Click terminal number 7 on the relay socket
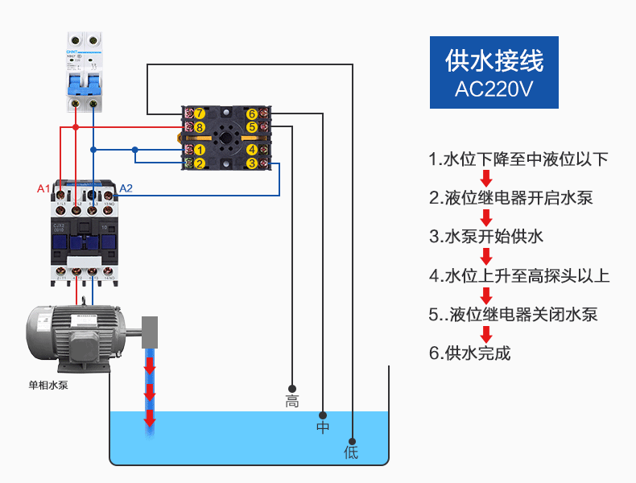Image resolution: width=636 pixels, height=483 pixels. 200,114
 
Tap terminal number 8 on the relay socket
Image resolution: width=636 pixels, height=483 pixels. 200,127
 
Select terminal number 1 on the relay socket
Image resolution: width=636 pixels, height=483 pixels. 200,150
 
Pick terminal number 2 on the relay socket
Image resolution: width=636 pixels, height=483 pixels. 200,163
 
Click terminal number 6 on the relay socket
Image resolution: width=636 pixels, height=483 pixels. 252,114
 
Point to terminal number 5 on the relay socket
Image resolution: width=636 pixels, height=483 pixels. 252,127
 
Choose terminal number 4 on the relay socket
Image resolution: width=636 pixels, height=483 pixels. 252,150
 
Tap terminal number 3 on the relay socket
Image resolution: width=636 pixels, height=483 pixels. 252,163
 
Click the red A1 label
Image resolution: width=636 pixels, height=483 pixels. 43,189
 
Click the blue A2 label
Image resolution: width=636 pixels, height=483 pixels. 126,189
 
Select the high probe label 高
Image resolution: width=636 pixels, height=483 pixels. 292,402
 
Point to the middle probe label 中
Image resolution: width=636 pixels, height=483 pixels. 323,427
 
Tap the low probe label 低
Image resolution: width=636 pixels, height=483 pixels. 352,452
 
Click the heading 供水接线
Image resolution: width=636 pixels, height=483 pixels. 494,60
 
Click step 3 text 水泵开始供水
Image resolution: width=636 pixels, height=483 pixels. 486,236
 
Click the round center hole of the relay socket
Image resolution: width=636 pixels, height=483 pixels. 226,138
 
